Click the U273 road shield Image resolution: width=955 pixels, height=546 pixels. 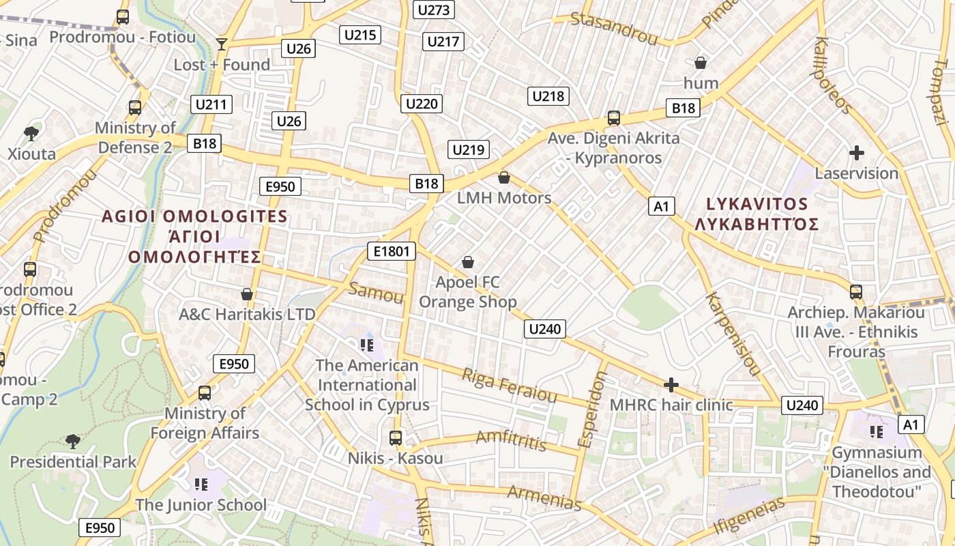tap(434, 10)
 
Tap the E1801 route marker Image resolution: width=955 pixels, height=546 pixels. tap(392, 251)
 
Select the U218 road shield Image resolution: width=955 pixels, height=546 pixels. tap(548, 96)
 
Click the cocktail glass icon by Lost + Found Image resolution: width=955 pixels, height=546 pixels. tap(221, 44)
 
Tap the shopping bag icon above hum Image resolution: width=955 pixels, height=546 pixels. tap(700, 63)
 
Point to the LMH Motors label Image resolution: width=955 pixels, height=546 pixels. tap(504, 198)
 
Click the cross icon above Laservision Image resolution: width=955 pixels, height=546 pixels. tap(857, 153)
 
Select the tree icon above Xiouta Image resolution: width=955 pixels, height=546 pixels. tap(31, 132)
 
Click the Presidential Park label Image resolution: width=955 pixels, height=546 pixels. tap(73, 462)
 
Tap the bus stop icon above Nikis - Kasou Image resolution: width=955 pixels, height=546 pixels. tap(396, 437)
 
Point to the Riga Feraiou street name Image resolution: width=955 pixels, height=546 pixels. tap(509, 386)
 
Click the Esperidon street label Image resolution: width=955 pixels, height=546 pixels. tap(591, 413)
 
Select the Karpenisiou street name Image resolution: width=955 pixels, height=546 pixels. tap(733, 334)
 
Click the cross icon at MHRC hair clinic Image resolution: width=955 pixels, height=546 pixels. tap(671, 385)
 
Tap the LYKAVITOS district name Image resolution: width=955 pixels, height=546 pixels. tap(756, 204)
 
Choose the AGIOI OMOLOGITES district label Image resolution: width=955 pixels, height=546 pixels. tap(194, 217)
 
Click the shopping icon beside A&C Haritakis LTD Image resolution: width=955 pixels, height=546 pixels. tap(247, 294)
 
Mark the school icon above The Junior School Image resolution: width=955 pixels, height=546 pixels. tap(201, 484)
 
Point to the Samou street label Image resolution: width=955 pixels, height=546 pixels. tap(376, 292)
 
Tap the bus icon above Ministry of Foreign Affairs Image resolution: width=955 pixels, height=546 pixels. tap(205, 393)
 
